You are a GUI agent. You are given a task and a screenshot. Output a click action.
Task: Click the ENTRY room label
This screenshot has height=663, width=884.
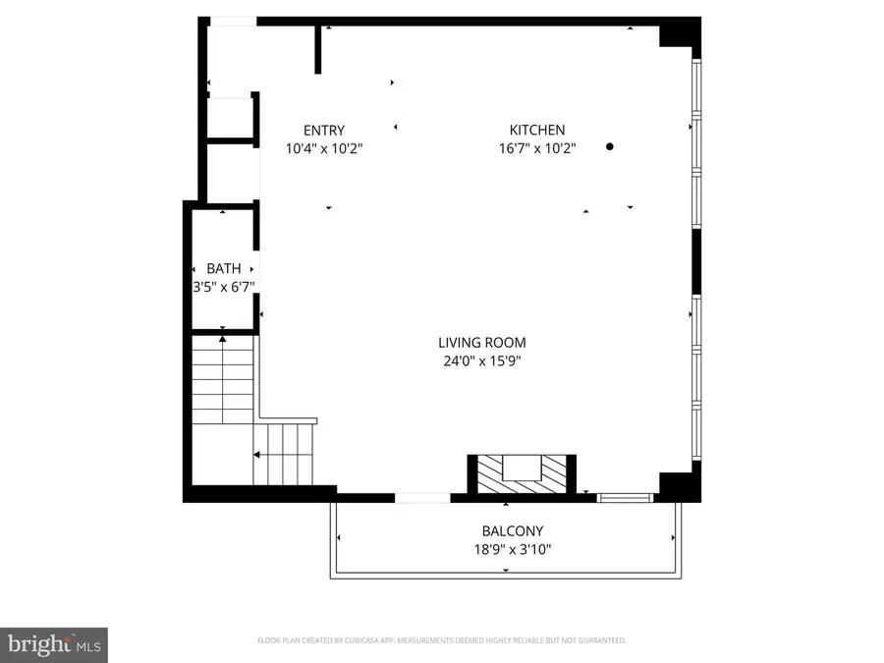pyautogui.click(x=323, y=131)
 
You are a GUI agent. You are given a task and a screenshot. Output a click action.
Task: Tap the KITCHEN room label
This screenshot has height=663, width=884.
pyautogui.click(x=536, y=131)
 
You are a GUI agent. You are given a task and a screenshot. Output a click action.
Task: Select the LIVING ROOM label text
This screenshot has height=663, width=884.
pyautogui.click(x=481, y=343)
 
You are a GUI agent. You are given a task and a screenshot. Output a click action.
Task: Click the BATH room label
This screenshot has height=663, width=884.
pyautogui.click(x=223, y=269)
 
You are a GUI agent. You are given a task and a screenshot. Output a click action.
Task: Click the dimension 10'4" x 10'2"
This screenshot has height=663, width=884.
pyautogui.click(x=323, y=149)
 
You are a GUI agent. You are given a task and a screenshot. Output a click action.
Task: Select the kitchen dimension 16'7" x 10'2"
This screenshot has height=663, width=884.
pyautogui.click(x=536, y=149)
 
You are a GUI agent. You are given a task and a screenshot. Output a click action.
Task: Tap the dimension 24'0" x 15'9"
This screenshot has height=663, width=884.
pyautogui.click(x=481, y=360)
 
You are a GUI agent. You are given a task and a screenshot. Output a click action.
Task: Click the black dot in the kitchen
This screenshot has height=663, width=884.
pyautogui.click(x=610, y=146)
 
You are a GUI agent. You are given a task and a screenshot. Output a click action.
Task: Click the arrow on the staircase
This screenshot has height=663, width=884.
pyautogui.click(x=257, y=455)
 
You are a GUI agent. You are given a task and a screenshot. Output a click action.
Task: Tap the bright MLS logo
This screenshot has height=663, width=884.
pyautogui.click(x=54, y=644)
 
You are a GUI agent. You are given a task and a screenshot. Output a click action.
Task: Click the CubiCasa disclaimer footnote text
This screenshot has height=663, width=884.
pyautogui.click(x=441, y=640)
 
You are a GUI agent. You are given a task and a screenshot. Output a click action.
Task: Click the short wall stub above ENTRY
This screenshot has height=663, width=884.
pyautogui.click(x=318, y=49)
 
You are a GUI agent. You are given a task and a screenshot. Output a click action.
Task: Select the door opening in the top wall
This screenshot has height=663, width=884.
pyautogui.click(x=234, y=21)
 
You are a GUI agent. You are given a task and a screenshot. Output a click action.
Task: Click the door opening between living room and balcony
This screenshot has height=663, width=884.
pyautogui.click(x=422, y=498)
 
